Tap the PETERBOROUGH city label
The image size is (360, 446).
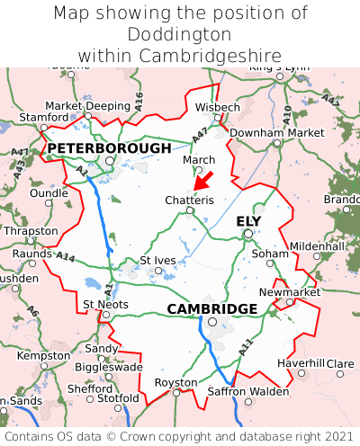tap(109, 147)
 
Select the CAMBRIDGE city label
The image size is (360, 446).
tap(212, 308)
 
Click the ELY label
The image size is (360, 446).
tap(248, 220)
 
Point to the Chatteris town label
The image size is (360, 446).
tap(189, 200)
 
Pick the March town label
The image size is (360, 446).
tap(199, 159)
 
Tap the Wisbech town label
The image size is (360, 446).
tap(218, 107)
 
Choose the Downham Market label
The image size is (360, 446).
tap(276, 132)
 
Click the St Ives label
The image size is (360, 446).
tap(157, 260)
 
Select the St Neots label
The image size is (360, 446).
tap(105, 304)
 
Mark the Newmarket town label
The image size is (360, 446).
tap(289, 292)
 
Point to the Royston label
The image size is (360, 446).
tap(176, 381)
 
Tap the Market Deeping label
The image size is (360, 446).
tap(87, 105)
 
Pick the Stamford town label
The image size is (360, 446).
tap(43, 117)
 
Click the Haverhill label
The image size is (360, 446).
tap(301, 362)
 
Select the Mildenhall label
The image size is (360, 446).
tap(317, 245)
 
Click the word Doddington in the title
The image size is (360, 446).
tap(180, 34)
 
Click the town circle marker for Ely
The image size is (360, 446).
tap(248, 234)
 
